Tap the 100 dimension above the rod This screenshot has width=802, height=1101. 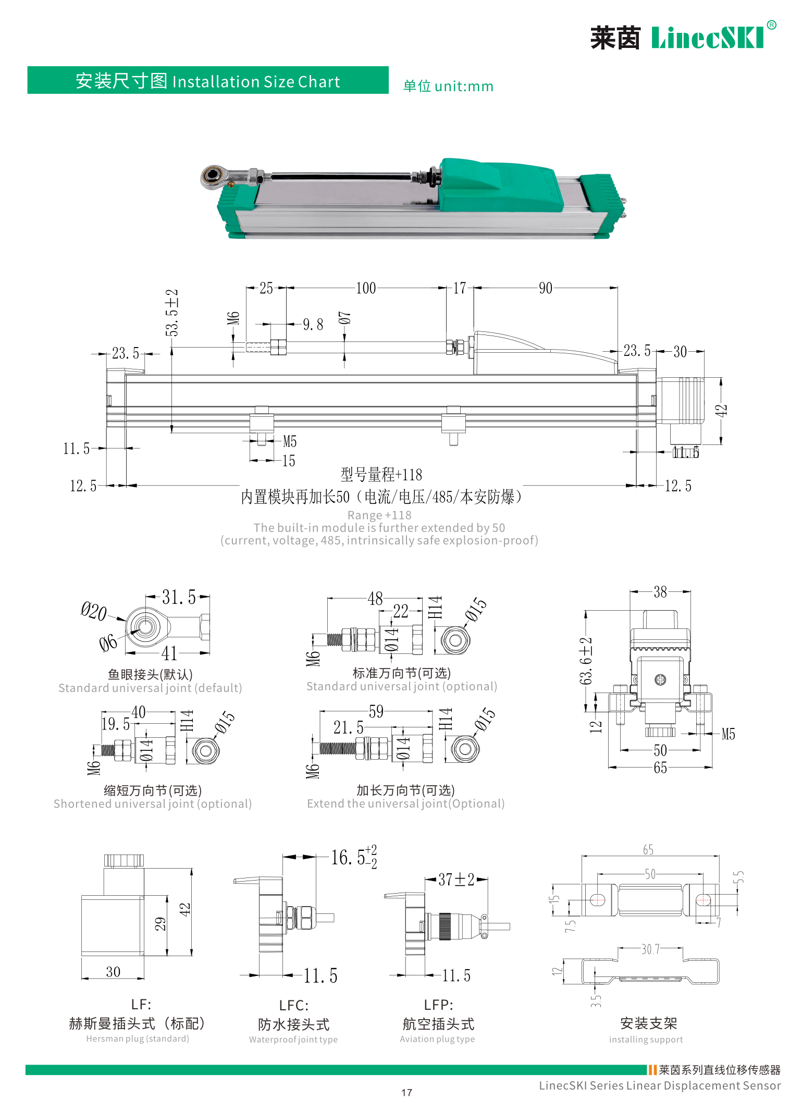pos(366,288)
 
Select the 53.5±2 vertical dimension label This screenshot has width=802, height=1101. pos(172,313)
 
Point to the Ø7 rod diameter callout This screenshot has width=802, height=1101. pos(344,318)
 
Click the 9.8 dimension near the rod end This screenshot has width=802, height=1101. pos(313,325)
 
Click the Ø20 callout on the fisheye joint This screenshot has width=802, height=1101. pos(94,611)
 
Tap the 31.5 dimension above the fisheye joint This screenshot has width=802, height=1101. pos(178,597)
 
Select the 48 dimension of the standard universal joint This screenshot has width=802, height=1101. pos(375,599)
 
